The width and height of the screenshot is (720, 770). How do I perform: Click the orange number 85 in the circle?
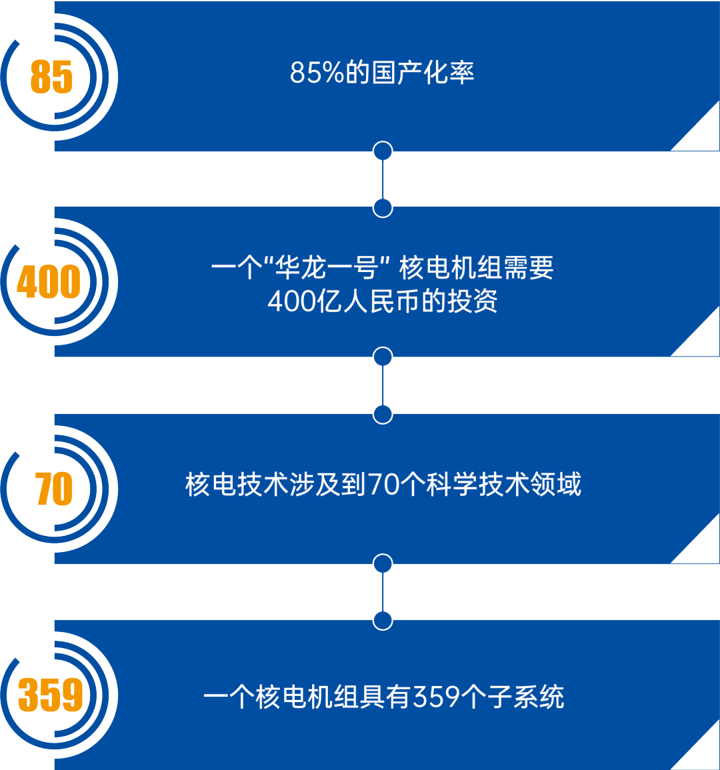(51, 77)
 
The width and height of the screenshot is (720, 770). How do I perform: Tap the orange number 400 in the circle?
(49, 282)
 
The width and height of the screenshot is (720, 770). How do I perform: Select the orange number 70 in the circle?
(53, 489)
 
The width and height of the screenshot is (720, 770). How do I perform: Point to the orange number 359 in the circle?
(51, 695)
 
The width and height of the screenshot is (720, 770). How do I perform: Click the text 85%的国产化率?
(382, 73)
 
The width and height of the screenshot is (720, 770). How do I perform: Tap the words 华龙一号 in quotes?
(327, 269)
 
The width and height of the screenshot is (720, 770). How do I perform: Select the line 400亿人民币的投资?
(383, 302)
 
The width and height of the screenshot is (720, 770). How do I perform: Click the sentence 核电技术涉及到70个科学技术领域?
(383, 485)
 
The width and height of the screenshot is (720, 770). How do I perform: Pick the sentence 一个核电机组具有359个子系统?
(383, 697)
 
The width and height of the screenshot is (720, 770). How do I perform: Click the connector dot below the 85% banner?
(383, 151)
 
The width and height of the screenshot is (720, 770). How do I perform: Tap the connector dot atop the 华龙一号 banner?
(383, 208)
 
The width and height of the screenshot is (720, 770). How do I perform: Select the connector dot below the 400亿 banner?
(383, 357)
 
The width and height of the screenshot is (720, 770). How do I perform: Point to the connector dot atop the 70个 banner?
(383, 415)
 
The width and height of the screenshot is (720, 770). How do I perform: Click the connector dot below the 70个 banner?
(383, 563)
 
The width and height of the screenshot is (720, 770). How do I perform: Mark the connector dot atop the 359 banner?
(383, 621)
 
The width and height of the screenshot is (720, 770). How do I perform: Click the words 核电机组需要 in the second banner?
(476, 269)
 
